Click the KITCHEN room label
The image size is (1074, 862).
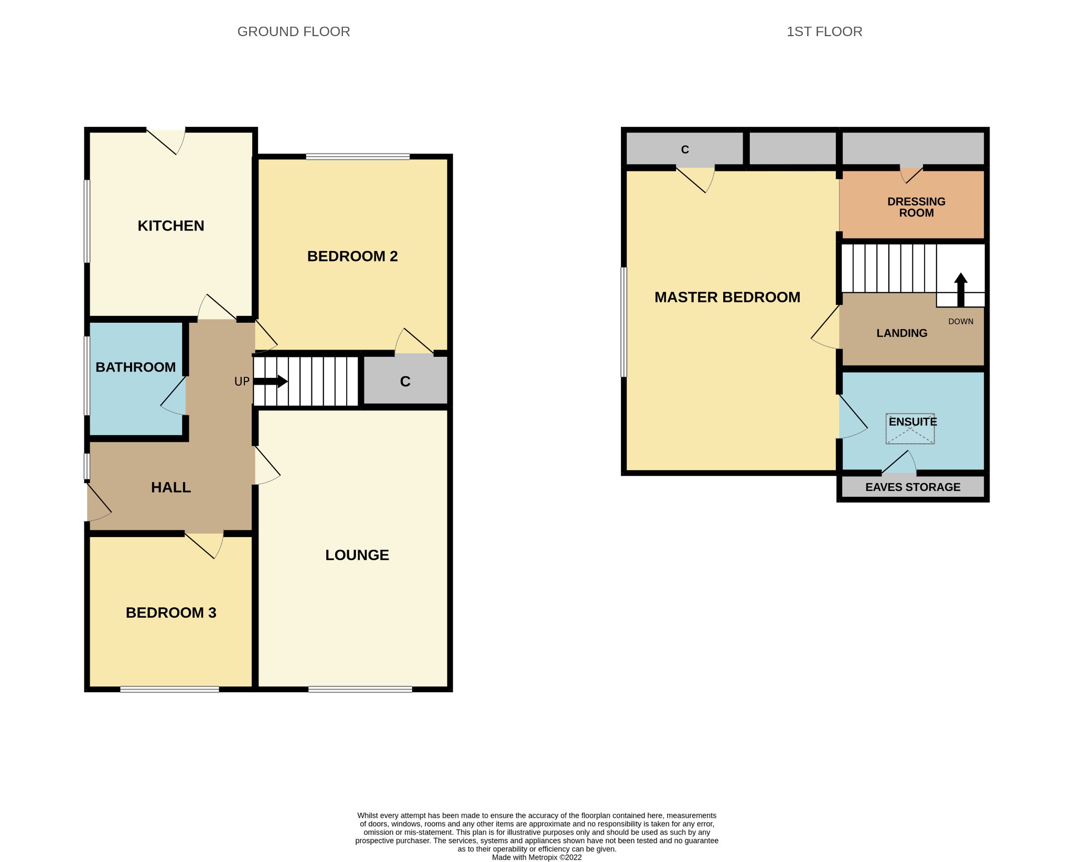tap(171, 226)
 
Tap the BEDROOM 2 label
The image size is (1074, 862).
tap(352, 256)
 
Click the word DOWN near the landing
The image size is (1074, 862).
tap(960, 322)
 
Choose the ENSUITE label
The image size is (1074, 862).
tap(912, 422)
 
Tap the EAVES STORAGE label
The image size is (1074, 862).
tap(912, 487)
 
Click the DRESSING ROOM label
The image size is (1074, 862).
tap(916, 208)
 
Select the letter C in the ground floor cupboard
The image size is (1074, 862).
tap(405, 381)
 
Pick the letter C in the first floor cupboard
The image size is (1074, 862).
tap(684, 150)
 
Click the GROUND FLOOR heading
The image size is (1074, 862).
tap(294, 32)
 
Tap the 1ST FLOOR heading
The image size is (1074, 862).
tap(824, 32)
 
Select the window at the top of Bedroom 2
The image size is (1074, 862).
tap(358, 156)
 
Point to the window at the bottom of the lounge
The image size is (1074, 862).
tap(360, 689)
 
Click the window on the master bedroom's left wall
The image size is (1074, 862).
tap(624, 322)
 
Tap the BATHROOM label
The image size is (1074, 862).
tap(135, 367)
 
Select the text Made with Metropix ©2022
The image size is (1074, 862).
tap(536, 858)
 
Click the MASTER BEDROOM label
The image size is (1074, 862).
tap(727, 298)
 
